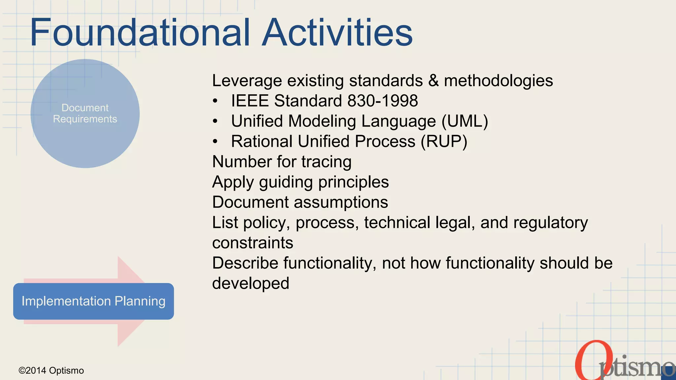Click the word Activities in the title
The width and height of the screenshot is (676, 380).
[337, 32]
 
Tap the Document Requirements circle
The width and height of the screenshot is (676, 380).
[85, 113]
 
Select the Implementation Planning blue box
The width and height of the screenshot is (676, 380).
[93, 301]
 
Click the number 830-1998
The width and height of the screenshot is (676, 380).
[383, 101]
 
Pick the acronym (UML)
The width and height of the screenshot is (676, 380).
[465, 121]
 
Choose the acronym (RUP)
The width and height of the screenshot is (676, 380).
[444, 142]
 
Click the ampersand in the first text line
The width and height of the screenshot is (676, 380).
[433, 81]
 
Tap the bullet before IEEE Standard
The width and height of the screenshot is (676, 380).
[215, 101]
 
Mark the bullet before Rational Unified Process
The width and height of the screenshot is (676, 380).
[215, 142]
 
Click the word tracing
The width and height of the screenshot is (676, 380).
[326, 162]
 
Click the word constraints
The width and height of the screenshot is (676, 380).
[253, 243]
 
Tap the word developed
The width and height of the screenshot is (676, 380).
[251, 283]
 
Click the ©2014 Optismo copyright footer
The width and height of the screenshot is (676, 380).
[51, 370]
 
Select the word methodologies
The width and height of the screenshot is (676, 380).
[498, 81]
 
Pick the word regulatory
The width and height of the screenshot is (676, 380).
[551, 223]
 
